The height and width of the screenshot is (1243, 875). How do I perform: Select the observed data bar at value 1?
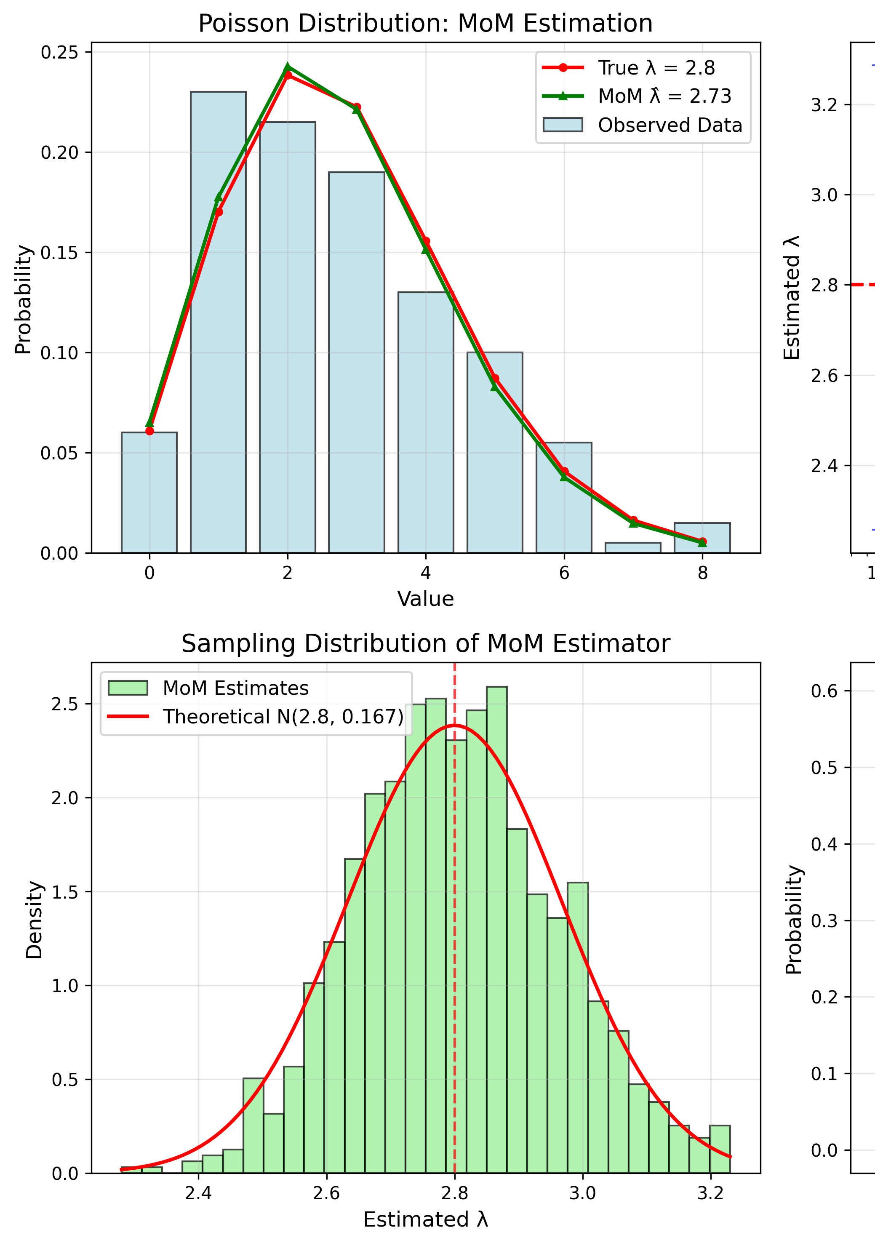(218, 325)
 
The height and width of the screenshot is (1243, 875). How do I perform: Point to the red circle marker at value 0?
(149, 431)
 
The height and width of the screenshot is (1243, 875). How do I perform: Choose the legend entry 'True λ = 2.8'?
(656, 68)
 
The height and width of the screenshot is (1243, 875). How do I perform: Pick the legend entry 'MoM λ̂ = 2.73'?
(664, 96)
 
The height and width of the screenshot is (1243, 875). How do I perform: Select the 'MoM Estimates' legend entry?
(235, 688)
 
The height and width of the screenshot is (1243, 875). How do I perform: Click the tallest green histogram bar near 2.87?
(496, 920)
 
